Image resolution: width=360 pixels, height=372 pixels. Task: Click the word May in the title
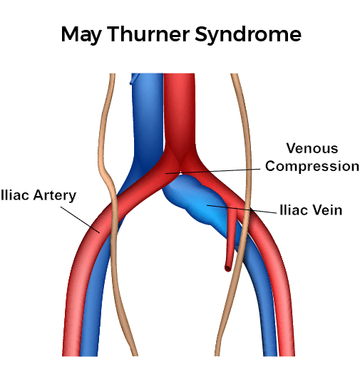point(81,35)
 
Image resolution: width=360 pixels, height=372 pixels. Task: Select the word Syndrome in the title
point(248,35)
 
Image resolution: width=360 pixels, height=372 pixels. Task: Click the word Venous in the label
point(312,148)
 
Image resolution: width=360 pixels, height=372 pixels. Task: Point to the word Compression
point(312,166)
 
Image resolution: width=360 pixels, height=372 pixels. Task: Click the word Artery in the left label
point(55,196)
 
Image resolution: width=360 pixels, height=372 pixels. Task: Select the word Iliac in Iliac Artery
point(15,195)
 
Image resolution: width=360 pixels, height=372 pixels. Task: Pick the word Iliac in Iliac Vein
point(294,210)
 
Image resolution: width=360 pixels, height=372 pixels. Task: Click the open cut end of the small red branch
point(227,269)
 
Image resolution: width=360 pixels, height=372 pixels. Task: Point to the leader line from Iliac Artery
point(80,219)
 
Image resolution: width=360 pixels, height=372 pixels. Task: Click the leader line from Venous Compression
point(213,171)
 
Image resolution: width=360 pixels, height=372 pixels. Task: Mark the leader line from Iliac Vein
point(242,209)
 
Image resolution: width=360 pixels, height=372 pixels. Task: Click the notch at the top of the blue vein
point(134,78)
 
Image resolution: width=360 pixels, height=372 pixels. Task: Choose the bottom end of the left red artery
point(71,354)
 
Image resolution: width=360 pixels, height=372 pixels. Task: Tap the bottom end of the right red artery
point(287,354)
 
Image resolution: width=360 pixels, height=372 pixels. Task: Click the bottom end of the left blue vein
point(89,354)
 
